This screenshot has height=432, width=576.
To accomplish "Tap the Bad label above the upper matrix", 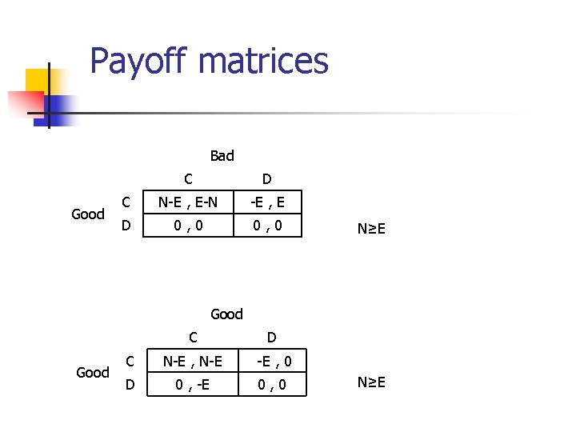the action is [222, 155].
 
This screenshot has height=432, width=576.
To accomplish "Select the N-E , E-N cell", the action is [187, 202].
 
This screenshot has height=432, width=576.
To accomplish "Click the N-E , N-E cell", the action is [193, 361].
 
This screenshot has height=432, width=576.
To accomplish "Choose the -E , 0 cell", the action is [273, 361].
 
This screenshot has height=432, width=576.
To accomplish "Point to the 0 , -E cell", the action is [193, 386].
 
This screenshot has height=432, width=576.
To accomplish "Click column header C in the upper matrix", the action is [187, 178].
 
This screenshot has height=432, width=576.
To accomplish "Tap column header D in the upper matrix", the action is [266, 178].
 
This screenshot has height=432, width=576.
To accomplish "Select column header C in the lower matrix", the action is [193, 337].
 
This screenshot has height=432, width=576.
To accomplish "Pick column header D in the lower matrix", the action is [272, 337].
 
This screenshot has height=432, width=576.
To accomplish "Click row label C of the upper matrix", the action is [126, 202].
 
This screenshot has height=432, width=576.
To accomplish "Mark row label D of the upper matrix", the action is [126, 226].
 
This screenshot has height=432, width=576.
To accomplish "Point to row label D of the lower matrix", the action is [130, 386].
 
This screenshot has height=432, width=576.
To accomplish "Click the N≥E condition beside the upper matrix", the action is [372, 230].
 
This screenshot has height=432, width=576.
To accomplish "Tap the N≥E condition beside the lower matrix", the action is [372, 382].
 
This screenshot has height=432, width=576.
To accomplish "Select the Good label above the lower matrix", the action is [226, 314].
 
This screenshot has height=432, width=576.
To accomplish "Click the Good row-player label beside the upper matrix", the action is [88, 214].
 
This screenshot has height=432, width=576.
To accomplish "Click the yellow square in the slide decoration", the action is [38, 81].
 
